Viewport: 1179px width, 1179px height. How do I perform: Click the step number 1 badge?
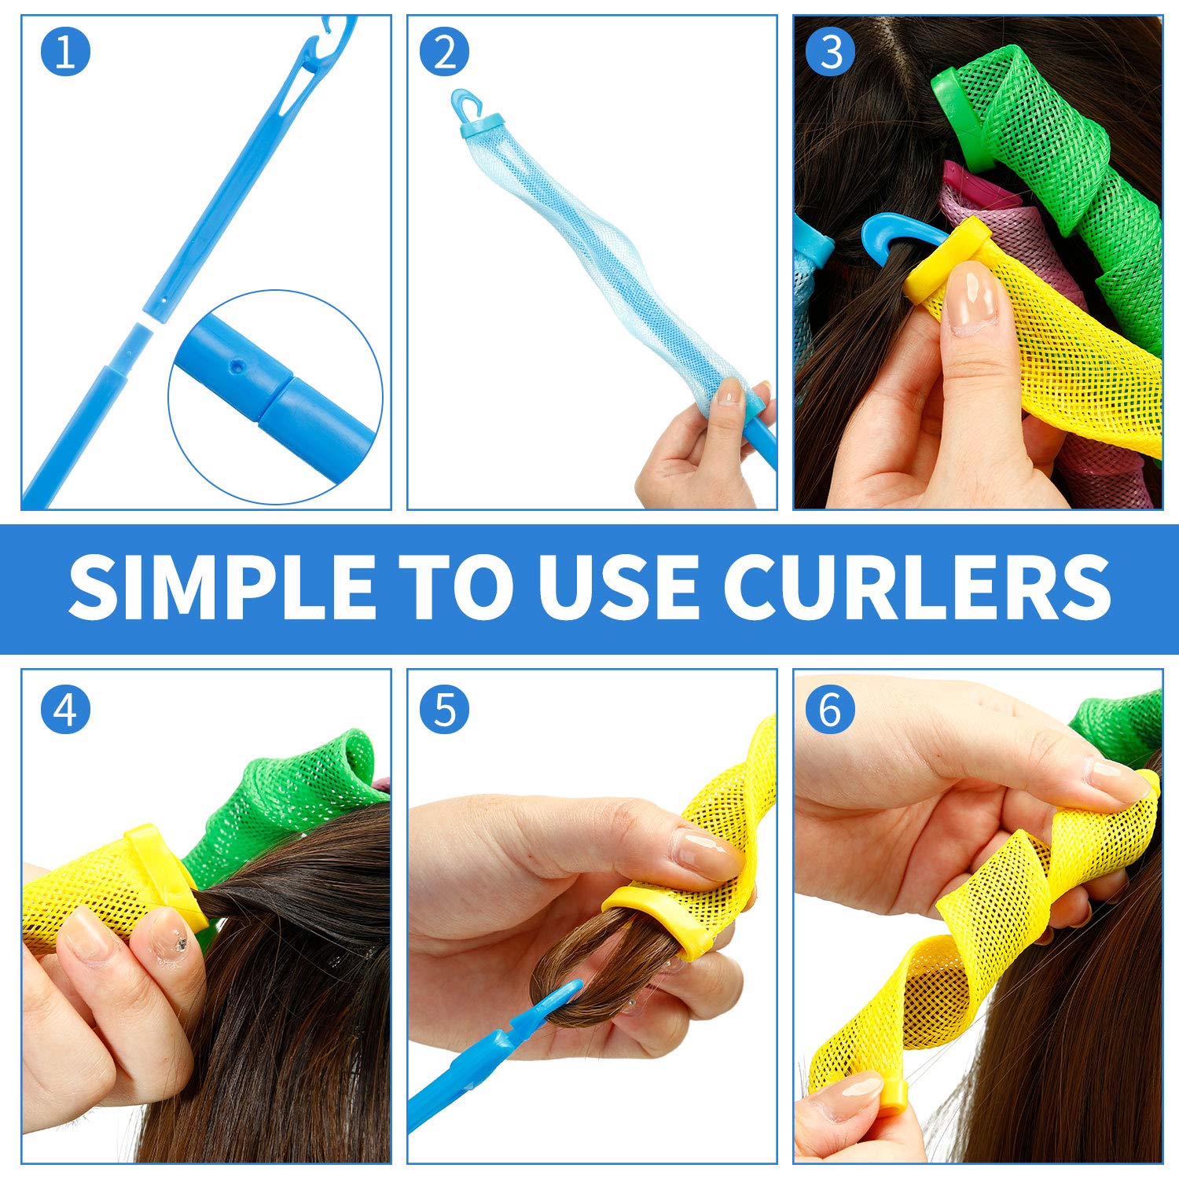[x=65, y=52]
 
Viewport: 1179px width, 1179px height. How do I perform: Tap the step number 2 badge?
[x=444, y=52]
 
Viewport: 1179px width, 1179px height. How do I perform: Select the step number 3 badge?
[x=832, y=52]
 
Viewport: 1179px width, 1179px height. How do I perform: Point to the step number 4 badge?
[x=65, y=709]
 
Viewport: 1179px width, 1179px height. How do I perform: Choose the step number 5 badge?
[x=444, y=709]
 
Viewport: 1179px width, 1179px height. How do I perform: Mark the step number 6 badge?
[x=832, y=709]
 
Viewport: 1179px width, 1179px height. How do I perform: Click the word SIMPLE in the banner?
[x=221, y=588]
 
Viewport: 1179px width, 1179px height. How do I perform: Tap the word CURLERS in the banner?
[x=916, y=588]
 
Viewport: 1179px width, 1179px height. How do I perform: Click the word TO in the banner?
[x=455, y=588]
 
